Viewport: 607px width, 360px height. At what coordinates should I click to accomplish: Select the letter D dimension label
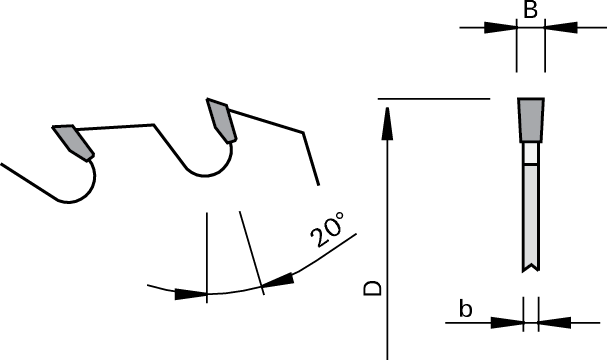[371, 288]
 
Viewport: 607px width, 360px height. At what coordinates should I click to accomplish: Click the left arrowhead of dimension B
[501, 28]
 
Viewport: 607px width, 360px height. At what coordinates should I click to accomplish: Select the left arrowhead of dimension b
[509, 322]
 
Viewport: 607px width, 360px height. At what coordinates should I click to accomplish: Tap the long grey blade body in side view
[529, 215]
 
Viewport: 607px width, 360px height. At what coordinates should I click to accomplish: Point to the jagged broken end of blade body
[529, 267]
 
